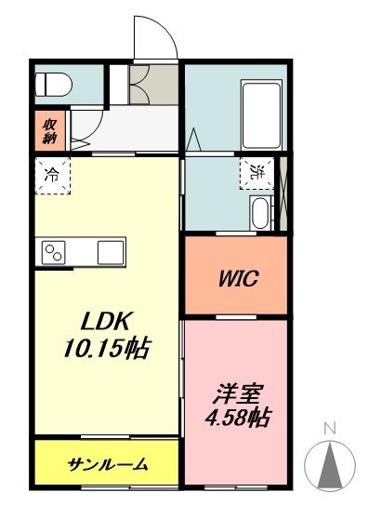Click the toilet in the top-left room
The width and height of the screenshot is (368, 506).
pyautogui.click(x=54, y=86)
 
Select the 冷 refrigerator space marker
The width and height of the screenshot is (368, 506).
pyautogui.click(x=52, y=174)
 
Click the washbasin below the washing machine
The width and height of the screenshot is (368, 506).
pyautogui.click(x=260, y=214)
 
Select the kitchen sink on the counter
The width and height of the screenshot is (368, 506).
pyautogui.click(x=112, y=251)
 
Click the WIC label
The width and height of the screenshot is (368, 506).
pyautogui.click(x=238, y=277)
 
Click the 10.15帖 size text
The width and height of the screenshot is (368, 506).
pyautogui.click(x=108, y=349)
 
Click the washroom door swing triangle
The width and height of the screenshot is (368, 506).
pyautogui.click(x=194, y=142)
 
